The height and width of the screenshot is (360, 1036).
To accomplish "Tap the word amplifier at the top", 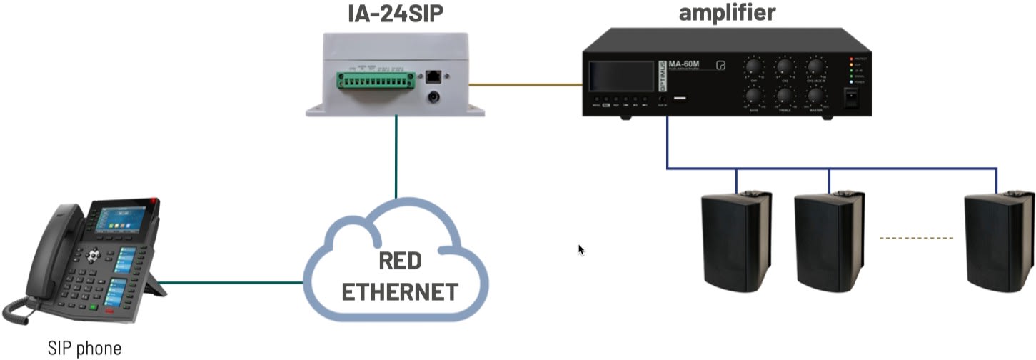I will [x=727, y=12].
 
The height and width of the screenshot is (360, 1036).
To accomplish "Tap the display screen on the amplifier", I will [x=622, y=76].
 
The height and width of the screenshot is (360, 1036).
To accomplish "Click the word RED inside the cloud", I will [x=400, y=261].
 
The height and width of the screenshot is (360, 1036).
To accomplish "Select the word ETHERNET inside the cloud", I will [x=400, y=291].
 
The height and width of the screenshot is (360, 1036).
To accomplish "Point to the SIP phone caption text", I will [x=80, y=349].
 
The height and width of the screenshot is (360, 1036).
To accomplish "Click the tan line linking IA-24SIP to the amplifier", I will [x=525, y=84].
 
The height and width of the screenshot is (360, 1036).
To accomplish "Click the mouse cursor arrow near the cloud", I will [x=580, y=249].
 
